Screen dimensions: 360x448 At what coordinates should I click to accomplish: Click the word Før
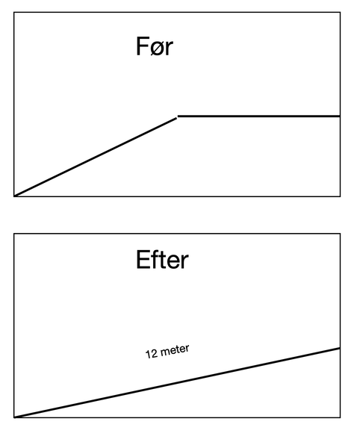click(155, 46)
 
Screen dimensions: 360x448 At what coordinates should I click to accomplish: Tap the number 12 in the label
click(152, 354)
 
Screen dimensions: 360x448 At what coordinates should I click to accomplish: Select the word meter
click(175, 349)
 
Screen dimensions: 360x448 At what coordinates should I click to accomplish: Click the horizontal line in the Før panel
click(259, 116)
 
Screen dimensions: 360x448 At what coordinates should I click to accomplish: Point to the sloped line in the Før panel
click(96, 157)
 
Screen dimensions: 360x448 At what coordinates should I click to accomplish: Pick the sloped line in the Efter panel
click(177, 383)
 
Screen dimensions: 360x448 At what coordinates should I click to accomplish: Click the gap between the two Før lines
click(178, 117)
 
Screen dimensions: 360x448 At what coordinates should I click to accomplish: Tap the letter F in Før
click(143, 46)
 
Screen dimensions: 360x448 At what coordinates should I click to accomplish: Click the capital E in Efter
click(143, 259)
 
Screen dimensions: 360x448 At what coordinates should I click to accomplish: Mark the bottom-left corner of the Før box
click(14, 196)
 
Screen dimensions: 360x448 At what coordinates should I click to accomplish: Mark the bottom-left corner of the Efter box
click(14, 417)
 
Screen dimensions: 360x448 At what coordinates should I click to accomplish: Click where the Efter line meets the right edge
click(340, 348)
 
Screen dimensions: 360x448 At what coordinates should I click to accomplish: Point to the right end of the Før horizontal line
click(340, 116)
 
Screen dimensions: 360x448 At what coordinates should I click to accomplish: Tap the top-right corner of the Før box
click(340, 12)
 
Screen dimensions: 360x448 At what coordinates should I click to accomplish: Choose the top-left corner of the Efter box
click(14, 234)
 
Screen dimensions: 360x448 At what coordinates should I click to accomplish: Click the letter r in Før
click(170, 49)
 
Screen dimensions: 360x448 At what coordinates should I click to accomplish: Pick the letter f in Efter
click(155, 259)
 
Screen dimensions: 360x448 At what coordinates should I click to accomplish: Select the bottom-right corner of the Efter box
click(340, 417)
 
